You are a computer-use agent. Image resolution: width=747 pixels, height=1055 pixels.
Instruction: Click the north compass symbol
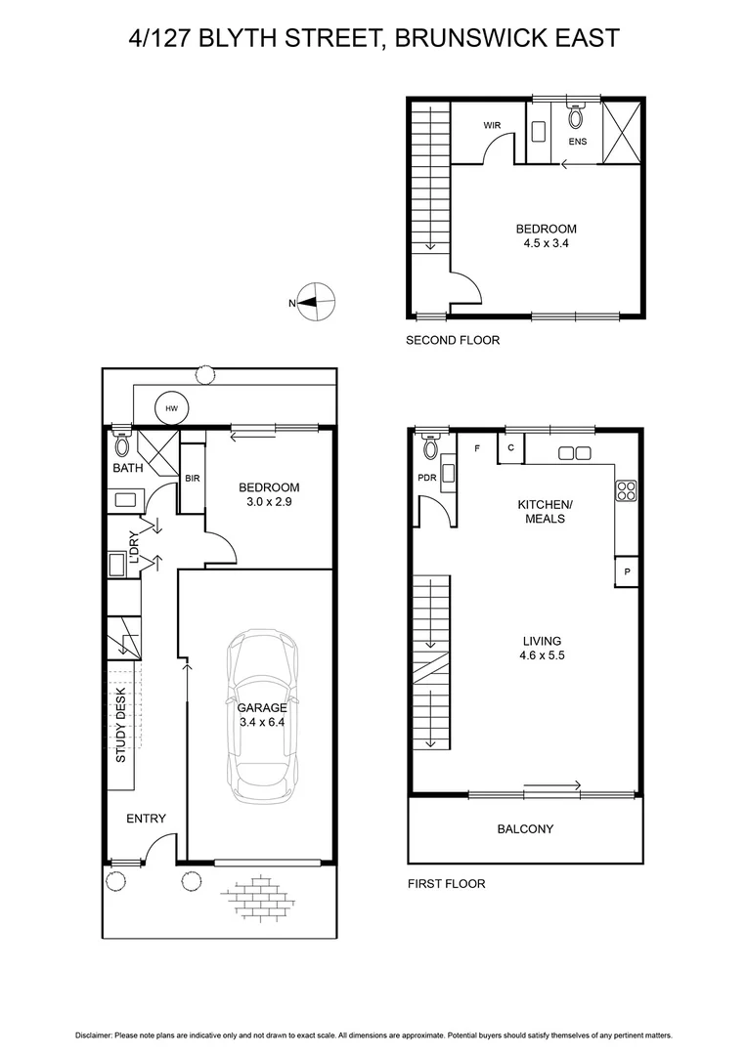318,304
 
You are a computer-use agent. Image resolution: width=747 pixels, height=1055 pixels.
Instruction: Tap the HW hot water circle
172,408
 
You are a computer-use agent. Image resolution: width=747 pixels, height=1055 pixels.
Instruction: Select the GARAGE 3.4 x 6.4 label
262,715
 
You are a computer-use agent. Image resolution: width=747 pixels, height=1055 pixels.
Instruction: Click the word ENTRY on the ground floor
146,819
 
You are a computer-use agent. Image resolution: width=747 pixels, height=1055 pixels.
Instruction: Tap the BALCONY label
525,829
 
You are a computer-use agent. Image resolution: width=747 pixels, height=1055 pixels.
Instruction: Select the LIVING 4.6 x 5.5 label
542,649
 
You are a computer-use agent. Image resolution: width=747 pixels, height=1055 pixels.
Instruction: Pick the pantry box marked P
626,571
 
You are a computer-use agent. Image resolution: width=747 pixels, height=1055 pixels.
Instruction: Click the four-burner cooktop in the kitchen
626,489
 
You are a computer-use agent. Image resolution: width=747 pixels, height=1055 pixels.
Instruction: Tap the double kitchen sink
573,453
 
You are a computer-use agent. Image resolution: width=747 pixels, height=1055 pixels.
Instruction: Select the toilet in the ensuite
575,117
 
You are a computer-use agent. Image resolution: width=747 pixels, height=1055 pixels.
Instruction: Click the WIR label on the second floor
493,126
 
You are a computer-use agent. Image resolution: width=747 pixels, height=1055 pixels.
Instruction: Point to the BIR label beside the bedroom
193,479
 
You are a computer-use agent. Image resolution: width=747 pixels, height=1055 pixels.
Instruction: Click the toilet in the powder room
430,447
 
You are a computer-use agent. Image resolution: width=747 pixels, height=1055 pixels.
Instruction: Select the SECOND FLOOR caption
453,341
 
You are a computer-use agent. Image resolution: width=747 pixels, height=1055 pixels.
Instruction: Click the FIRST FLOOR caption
446,884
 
